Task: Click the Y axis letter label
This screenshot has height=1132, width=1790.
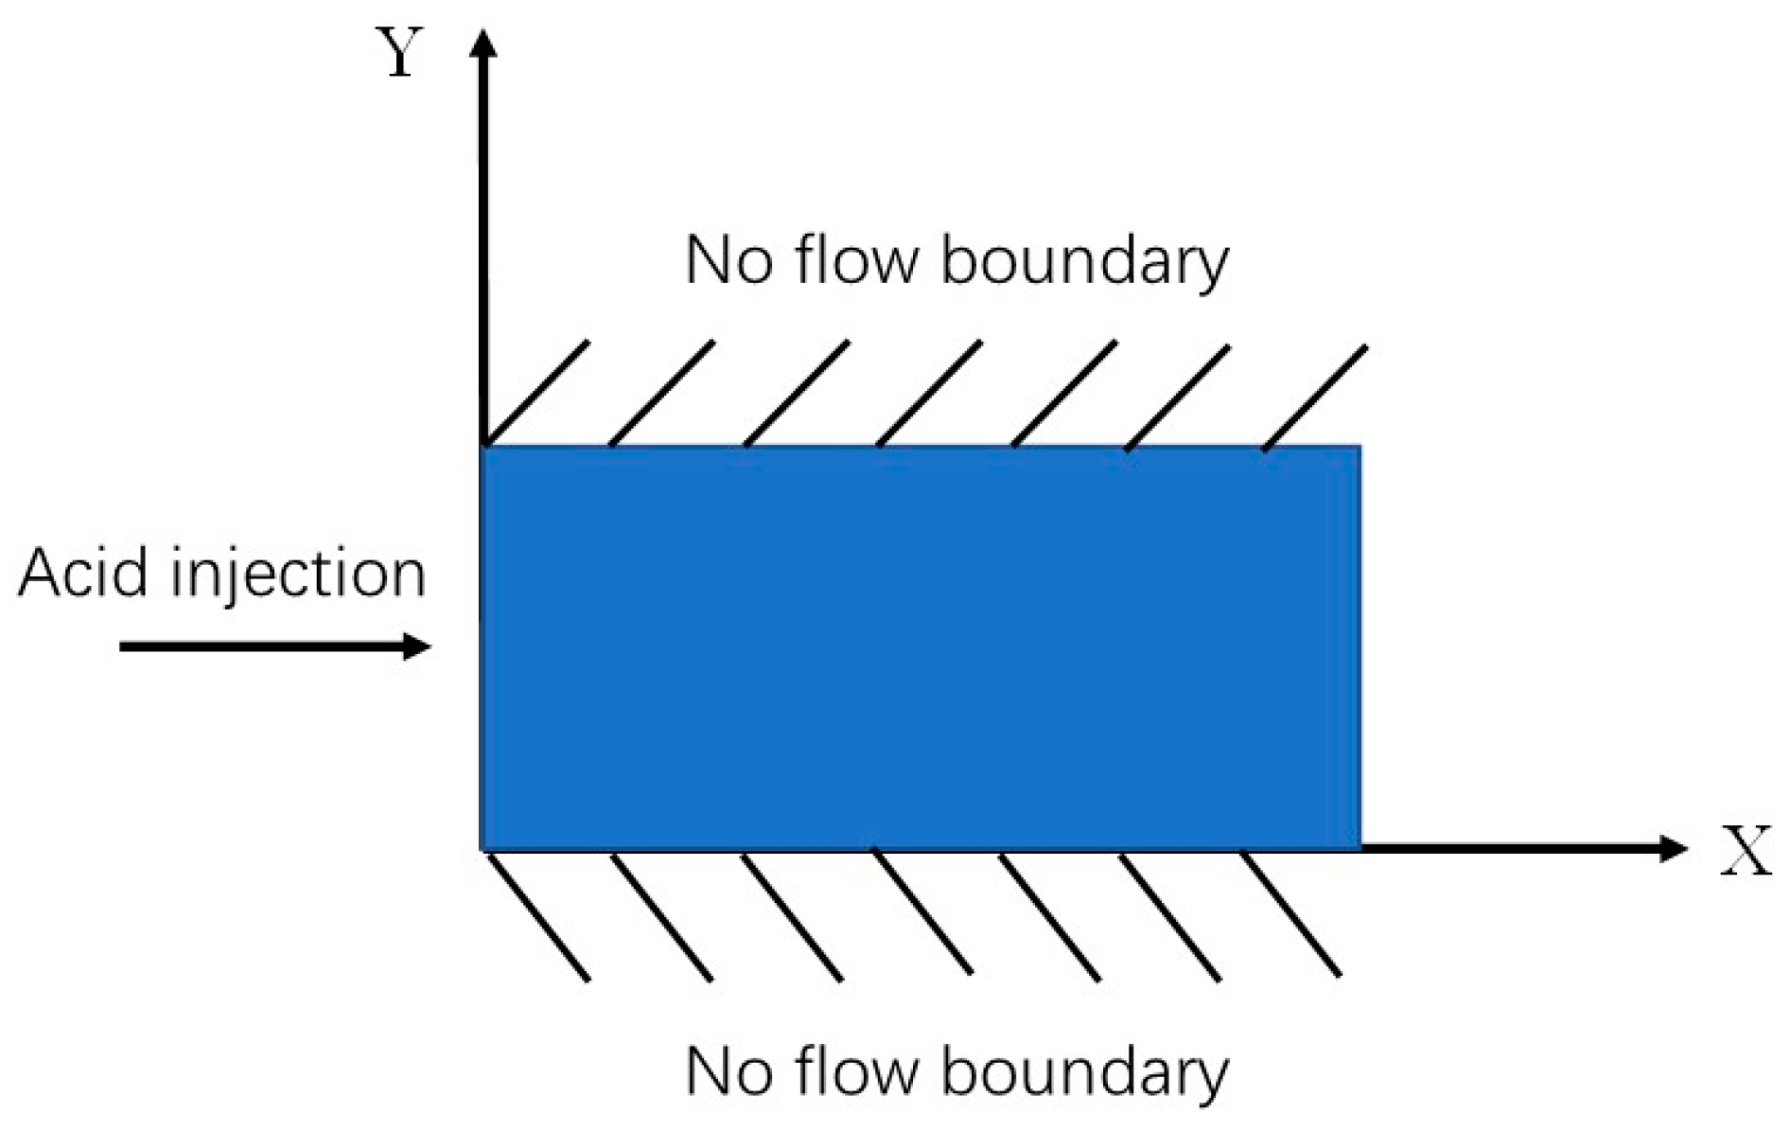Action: pos(400,54)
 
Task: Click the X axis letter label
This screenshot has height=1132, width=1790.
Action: pos(1746,851)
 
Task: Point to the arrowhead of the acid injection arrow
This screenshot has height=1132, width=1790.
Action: pos(417,646)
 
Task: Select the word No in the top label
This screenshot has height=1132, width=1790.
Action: pos(726,260)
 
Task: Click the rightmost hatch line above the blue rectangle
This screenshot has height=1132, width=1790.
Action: pos(1315,397)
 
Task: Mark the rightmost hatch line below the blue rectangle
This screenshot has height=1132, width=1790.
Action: pos(1290,913)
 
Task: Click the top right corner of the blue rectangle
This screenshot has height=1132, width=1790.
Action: pos(1359,448)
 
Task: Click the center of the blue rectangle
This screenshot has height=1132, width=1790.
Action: pos(921,647)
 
